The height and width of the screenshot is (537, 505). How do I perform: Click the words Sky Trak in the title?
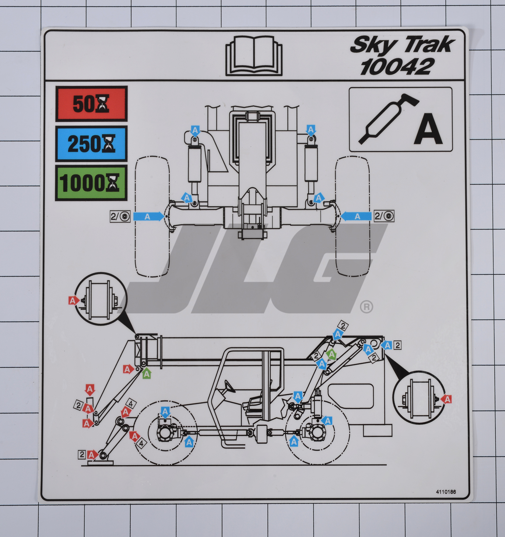click(402, 45)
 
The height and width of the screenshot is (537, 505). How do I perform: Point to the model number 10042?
click(396, 67)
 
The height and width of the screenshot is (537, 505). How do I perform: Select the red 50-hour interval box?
click(91, 104)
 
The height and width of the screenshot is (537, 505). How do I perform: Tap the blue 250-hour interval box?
click(91, 144)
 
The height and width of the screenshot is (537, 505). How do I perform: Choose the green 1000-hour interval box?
click(91, 183)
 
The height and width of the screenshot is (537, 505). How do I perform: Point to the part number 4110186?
click(446, 492)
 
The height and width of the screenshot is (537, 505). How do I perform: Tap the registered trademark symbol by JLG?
click(366, 306)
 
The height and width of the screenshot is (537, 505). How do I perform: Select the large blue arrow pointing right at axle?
click(148, 216)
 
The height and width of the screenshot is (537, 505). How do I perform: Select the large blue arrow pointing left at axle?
click(356, 216)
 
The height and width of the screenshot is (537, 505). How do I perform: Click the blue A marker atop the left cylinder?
click(195, 130)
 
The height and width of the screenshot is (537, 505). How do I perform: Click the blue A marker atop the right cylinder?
click(311, 130)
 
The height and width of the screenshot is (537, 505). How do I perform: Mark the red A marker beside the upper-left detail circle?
click(73, 301)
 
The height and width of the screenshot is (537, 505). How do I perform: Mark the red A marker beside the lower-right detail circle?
click(447, 399)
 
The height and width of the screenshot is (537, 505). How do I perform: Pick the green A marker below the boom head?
click(147, 373)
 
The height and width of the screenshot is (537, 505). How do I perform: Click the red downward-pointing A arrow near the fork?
click(90, 390)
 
